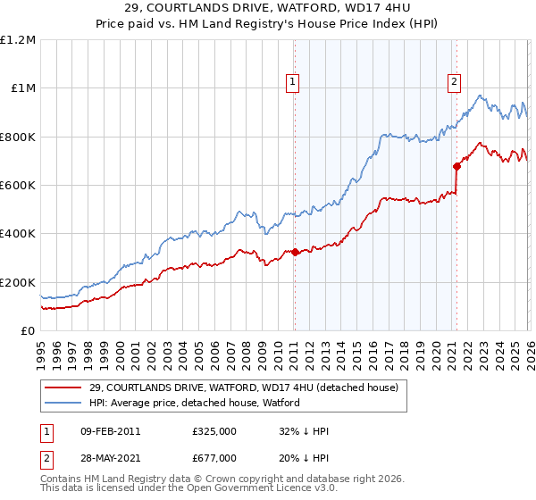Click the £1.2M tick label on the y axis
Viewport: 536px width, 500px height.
[19, 39]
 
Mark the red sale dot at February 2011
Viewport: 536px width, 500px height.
[295, 252]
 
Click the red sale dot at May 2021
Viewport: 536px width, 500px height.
[456, 166]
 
